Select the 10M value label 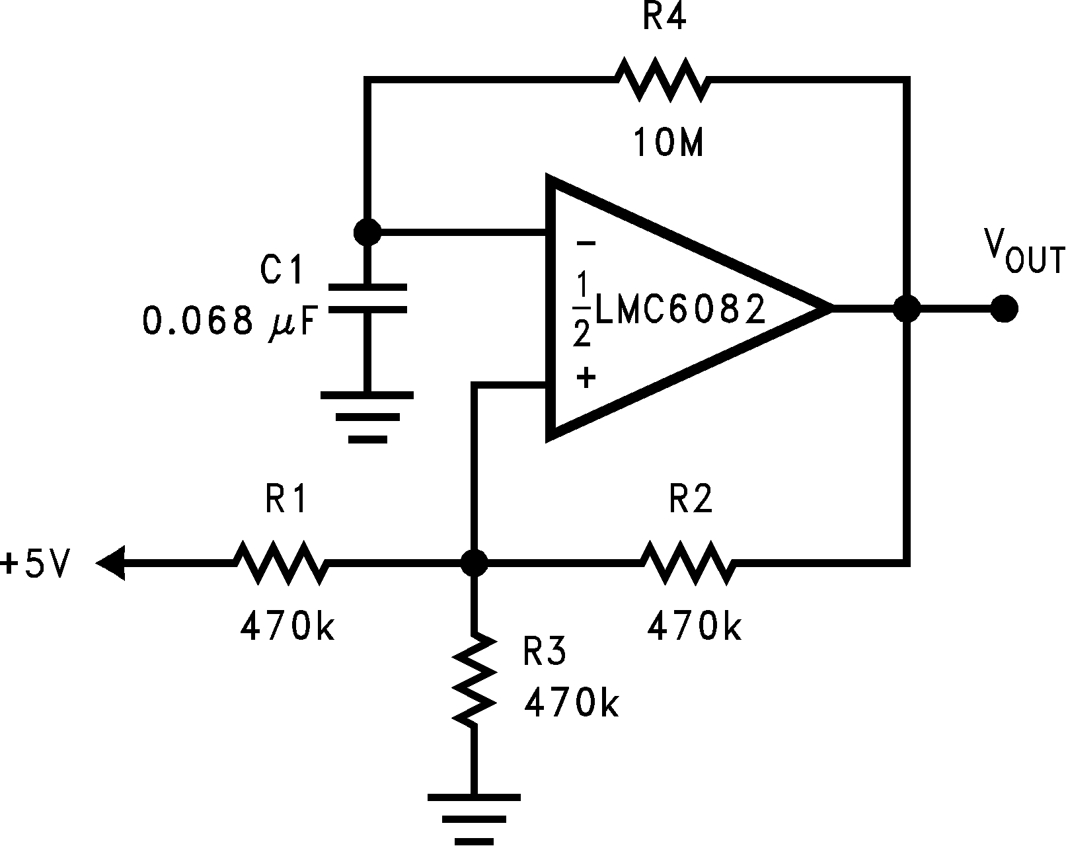coord(668,143)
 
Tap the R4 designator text coord(664,19)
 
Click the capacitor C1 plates coord(367,298)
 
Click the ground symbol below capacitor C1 coord(367,416)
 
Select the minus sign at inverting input coord(586,243)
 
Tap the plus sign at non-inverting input coord(586,378)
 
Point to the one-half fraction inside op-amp coord(581,310)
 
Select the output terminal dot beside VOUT coord(1005,309)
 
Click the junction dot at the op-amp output coord(907,309)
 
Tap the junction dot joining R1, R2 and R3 coord(474,563)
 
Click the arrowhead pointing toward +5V coord(111,563)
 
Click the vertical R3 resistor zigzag coord(474,679)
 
